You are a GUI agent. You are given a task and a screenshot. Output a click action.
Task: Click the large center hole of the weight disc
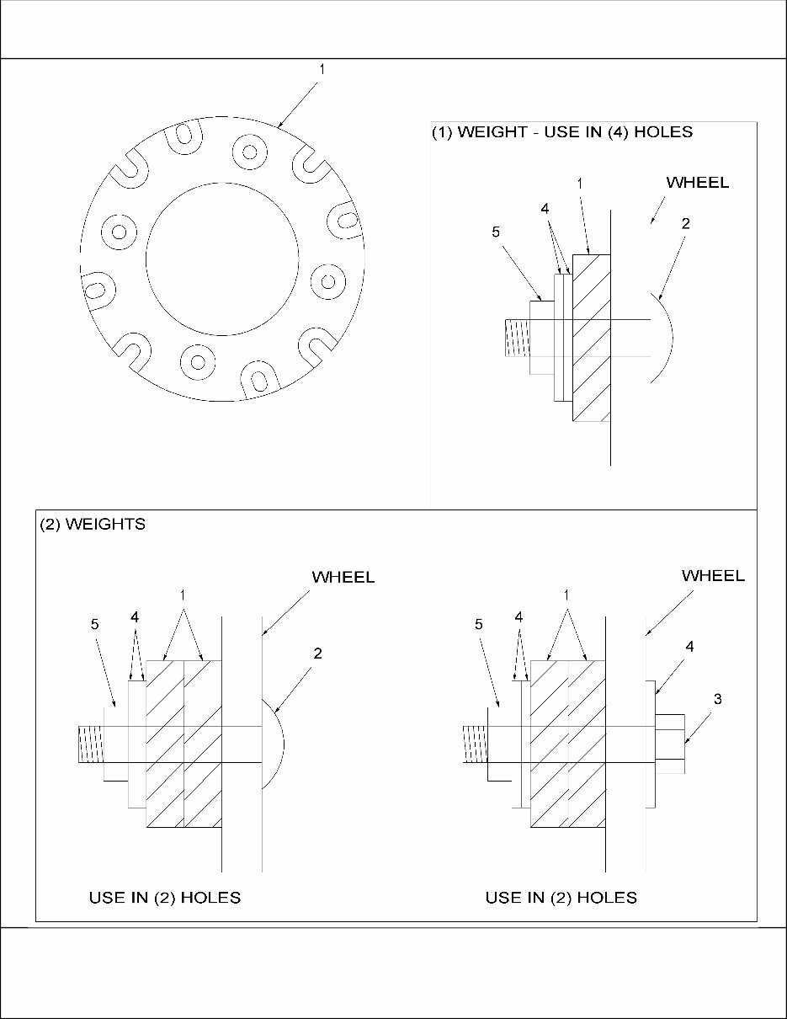pyautogui.click(x=222, y=258)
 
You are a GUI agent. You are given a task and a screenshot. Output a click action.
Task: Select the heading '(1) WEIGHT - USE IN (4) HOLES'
pyautogui.click(x=561, y=132)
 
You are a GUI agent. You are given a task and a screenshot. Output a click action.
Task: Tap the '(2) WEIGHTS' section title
pyautogui.click(x=93, y=525)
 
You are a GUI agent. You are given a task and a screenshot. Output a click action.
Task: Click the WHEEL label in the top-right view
pyautogui.click(x=697, y=183)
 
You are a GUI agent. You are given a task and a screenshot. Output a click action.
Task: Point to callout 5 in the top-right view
pyautogui.click(x=497, y=232)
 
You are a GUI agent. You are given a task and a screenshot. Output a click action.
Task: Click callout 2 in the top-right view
pyautogui.click(x=685, y=224)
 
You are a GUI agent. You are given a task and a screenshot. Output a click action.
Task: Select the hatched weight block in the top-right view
pyautogui.click(x=592, y=337)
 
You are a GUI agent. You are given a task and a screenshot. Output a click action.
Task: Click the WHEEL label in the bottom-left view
pyautogui.click(x=343, y=578)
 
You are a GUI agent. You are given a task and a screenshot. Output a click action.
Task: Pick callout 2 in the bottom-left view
pyautogui.click(x=316, y=653)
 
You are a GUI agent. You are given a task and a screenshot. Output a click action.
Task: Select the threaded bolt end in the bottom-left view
pyautogui.click(x=90, y=744)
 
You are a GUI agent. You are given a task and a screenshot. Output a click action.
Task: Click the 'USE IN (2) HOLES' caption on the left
pyautogui.click(x=165, y=898)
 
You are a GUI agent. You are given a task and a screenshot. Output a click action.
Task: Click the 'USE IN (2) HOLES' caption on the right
pyautogui.click(x=561, y=898)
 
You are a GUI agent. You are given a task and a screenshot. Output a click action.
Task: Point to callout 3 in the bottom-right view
pyautogui.click(x=717, y=699)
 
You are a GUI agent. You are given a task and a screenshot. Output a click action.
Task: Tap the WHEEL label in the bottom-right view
pyautogui.click(x=713, y=576)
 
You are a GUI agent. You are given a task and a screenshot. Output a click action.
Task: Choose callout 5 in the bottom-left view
pyautogui.click(x=94, y=624)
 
